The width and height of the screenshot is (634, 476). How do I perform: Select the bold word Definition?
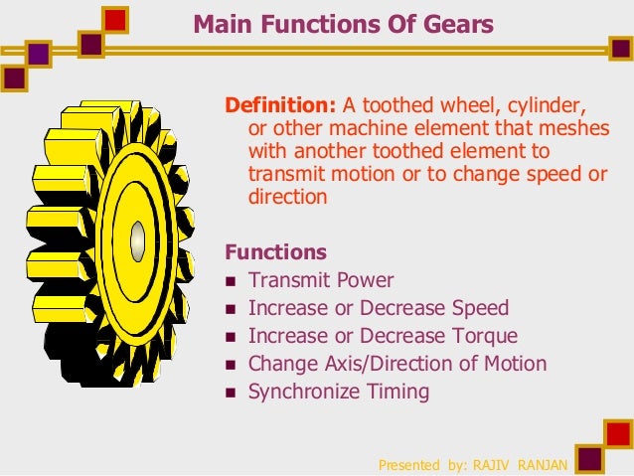(282, 106)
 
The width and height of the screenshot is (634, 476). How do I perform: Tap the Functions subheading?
(276, 251)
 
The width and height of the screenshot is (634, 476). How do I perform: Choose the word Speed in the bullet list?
(477, 308)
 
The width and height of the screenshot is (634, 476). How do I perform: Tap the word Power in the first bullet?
(364, 280)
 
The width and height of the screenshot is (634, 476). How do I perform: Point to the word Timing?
(396, 392)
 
